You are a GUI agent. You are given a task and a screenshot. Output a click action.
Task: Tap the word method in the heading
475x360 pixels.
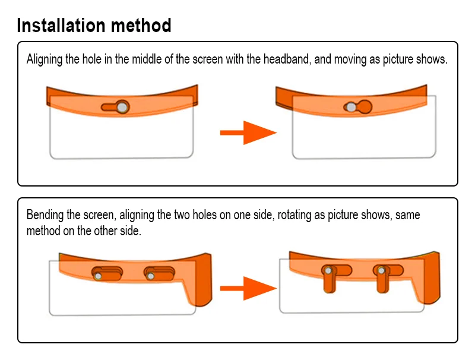tap(141, 25)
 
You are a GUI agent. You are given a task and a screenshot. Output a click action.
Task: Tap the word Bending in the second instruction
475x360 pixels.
tap(45, 215)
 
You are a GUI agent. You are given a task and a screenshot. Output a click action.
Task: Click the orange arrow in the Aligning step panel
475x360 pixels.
tap(248, 132)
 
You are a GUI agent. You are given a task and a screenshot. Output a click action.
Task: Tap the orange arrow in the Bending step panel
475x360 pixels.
tap(248, 289)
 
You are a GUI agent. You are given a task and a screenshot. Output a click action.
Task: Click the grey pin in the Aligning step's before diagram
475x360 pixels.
tap(122, 108)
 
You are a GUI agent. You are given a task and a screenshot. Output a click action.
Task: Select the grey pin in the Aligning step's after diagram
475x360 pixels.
tap(351, 107)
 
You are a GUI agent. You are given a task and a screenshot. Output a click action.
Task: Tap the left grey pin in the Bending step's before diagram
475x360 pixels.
tap(98, 276)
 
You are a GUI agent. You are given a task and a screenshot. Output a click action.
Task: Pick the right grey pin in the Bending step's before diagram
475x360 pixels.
tap(151, 276)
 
